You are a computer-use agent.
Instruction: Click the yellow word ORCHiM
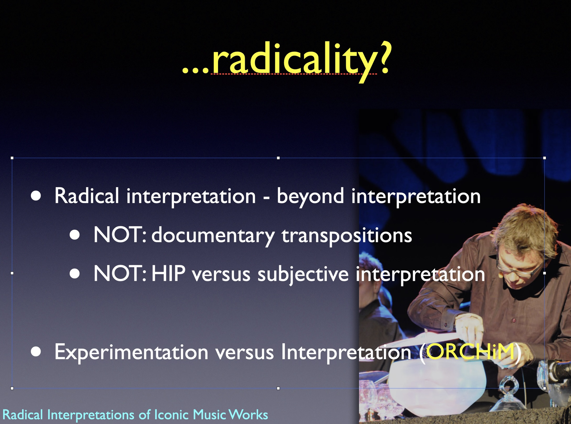[470, 351]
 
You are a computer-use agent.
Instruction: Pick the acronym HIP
[168, 274]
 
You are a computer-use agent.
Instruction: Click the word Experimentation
[131, 352]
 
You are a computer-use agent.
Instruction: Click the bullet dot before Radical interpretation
[36, 196]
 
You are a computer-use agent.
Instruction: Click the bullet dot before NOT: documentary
[75, 235]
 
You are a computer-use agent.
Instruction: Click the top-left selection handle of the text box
[12, 158]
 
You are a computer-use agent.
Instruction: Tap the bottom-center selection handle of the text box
[278, 388]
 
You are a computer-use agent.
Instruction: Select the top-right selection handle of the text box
[545, 158]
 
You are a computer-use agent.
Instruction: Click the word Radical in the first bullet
[87, 196]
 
